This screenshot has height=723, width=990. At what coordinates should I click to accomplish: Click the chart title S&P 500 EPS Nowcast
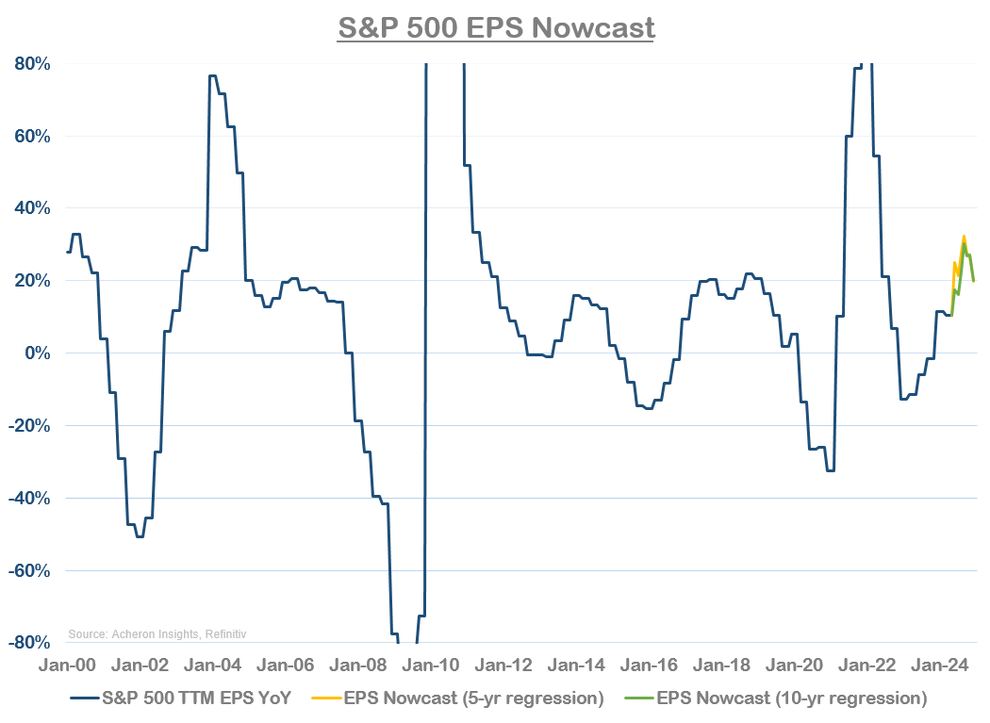[x=496, y=27]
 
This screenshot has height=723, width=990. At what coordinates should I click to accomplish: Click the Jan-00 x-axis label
[x=67, y=665]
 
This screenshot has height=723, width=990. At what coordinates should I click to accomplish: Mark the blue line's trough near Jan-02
[x=140, y=536]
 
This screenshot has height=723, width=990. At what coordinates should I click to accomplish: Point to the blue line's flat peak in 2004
[x=213, y=75]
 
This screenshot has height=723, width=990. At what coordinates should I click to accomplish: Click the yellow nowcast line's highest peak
[x=964, y=237]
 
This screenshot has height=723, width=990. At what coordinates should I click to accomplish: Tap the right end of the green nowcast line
[x=974, y=281]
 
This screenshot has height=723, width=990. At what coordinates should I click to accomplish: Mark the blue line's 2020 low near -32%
[x=830, y=470]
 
